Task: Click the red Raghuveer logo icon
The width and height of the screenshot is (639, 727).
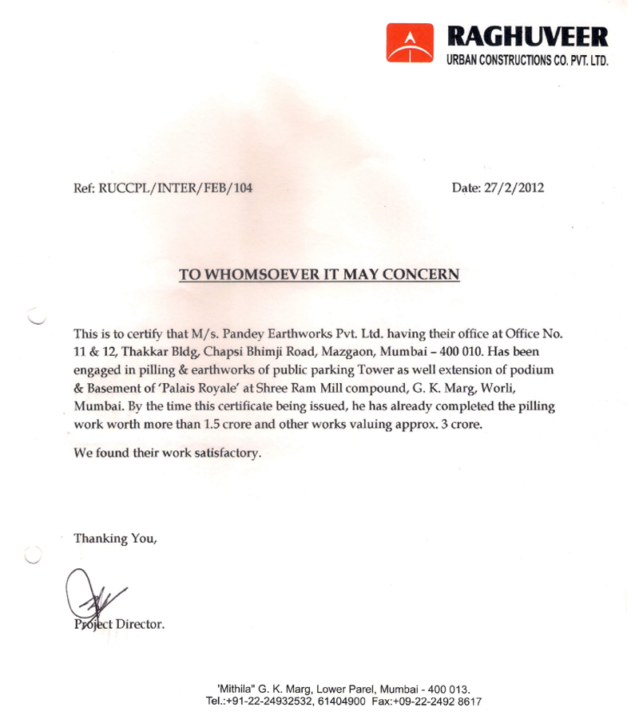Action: pos(408,43)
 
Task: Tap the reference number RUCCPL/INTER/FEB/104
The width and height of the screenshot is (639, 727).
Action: pos(175,189)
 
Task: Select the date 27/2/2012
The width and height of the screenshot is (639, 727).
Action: pos(514,189)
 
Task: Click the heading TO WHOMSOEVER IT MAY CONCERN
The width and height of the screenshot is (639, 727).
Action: pos(319,275)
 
